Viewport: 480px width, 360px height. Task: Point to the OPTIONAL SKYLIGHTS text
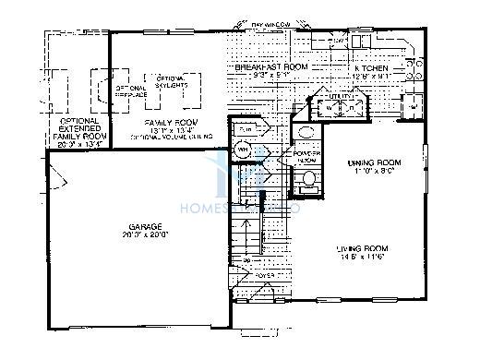pyautogui.click(x=171, y=81)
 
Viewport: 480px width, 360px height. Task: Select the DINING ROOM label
pyautogui.click(x=374, y=162)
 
